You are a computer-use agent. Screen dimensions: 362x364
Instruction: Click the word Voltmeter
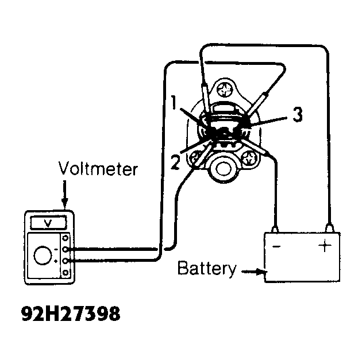point(98,168)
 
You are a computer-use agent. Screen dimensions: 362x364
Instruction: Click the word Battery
point(206,269)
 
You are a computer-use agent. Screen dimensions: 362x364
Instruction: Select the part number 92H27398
point(71,313)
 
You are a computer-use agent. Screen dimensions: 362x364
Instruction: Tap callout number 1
point(173,102)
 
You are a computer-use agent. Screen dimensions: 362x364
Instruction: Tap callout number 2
point(175,162)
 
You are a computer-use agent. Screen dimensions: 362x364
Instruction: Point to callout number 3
point(298,114)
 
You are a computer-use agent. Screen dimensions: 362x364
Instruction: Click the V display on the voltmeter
point(48,222)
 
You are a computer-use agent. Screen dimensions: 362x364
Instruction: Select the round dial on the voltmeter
point(43,255)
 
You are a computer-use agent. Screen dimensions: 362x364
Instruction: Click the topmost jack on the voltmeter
point(66,238)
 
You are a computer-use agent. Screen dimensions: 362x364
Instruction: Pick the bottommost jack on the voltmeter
point(66,272)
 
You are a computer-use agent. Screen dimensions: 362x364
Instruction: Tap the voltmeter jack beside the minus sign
point(66,250)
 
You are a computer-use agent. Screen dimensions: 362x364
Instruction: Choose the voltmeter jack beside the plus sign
point(66,261)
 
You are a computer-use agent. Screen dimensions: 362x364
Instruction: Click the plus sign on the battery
point(325,246)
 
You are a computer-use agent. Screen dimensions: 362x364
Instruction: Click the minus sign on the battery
point(276,246)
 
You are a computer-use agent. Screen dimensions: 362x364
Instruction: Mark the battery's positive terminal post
point(330,228)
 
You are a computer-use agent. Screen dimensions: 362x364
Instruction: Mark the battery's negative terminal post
point(275,229)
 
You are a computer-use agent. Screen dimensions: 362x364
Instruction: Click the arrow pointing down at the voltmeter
point(64,194)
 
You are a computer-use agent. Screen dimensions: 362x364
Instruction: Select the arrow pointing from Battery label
point(255,272)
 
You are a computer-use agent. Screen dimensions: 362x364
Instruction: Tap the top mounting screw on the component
point(225,90)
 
